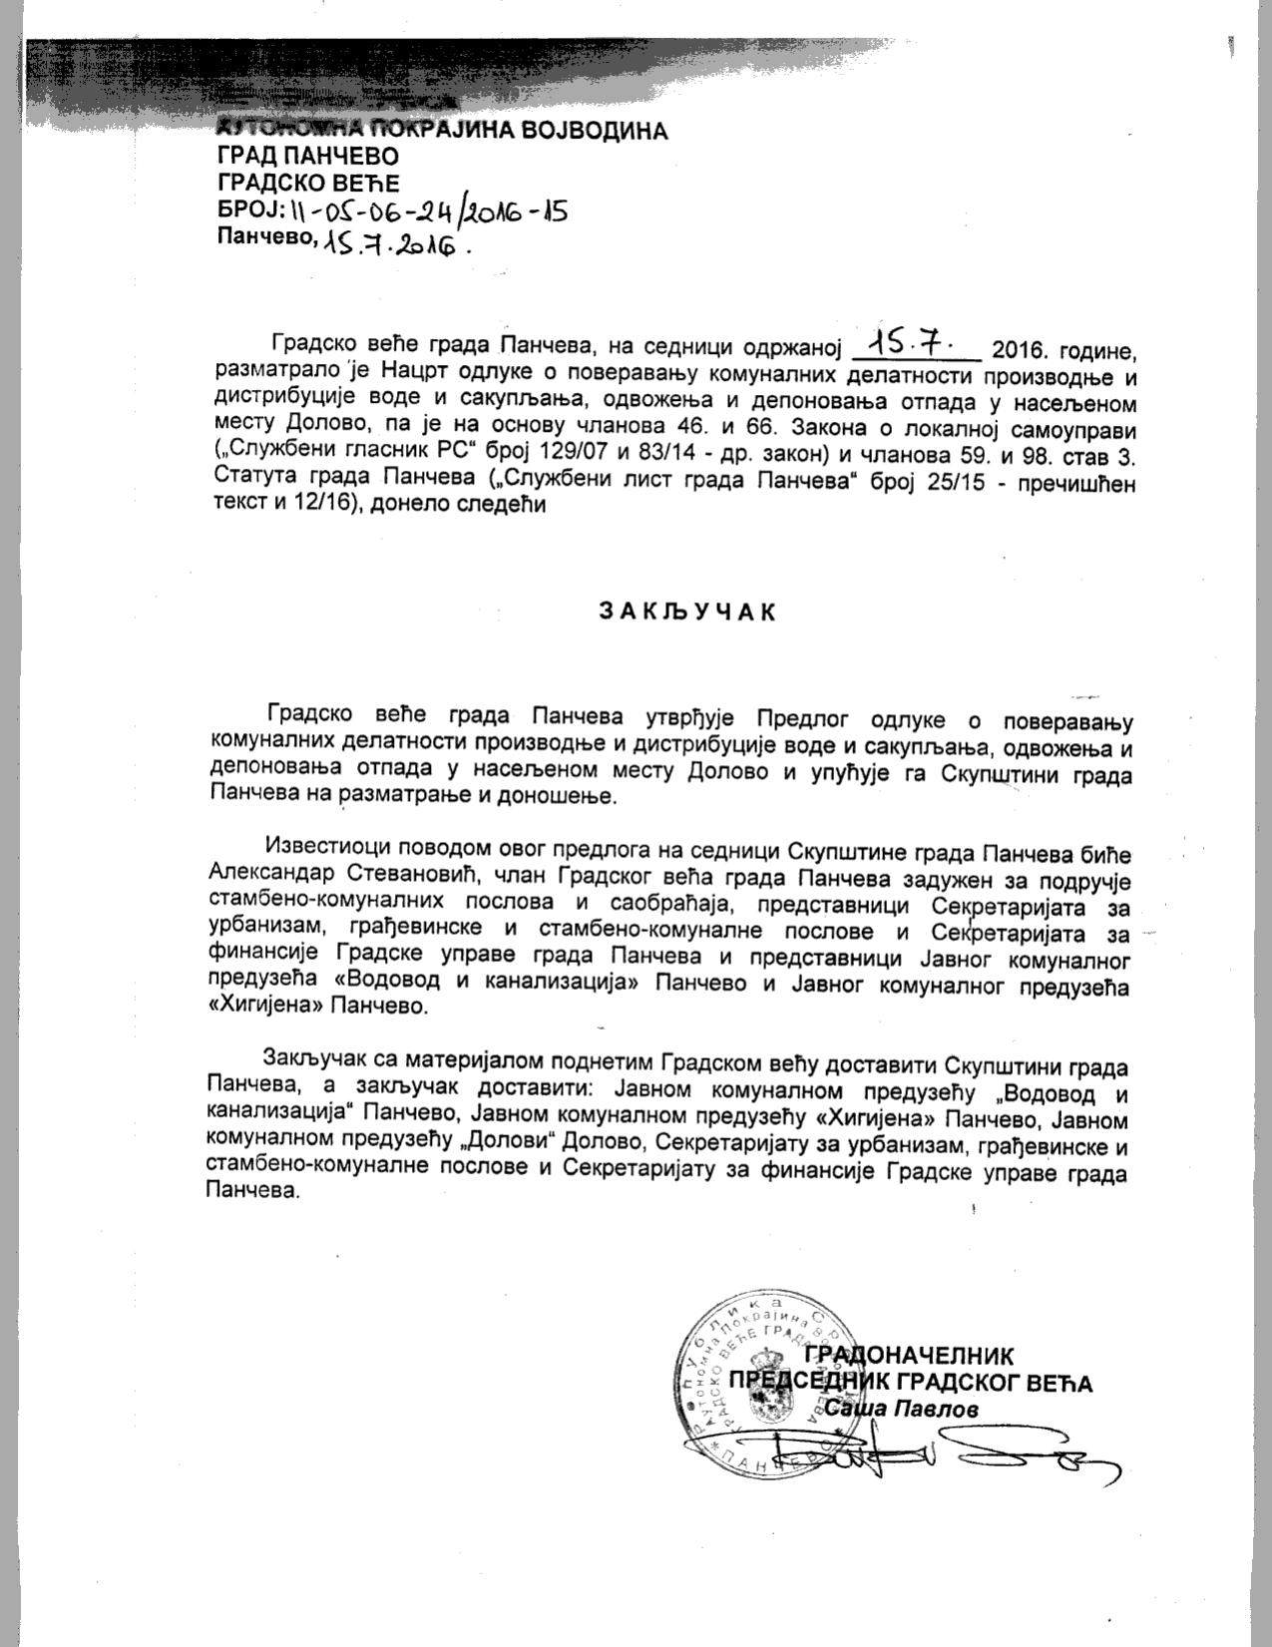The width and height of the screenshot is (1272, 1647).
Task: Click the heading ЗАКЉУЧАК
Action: point(686,612)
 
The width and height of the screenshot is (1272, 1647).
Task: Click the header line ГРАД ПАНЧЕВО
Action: point(307,156)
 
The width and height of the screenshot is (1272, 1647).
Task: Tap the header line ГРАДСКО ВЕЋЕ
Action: point(308,183)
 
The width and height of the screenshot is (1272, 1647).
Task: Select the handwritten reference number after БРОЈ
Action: point(428,211)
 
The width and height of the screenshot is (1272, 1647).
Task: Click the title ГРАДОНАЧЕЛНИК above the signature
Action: point(908,1355)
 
